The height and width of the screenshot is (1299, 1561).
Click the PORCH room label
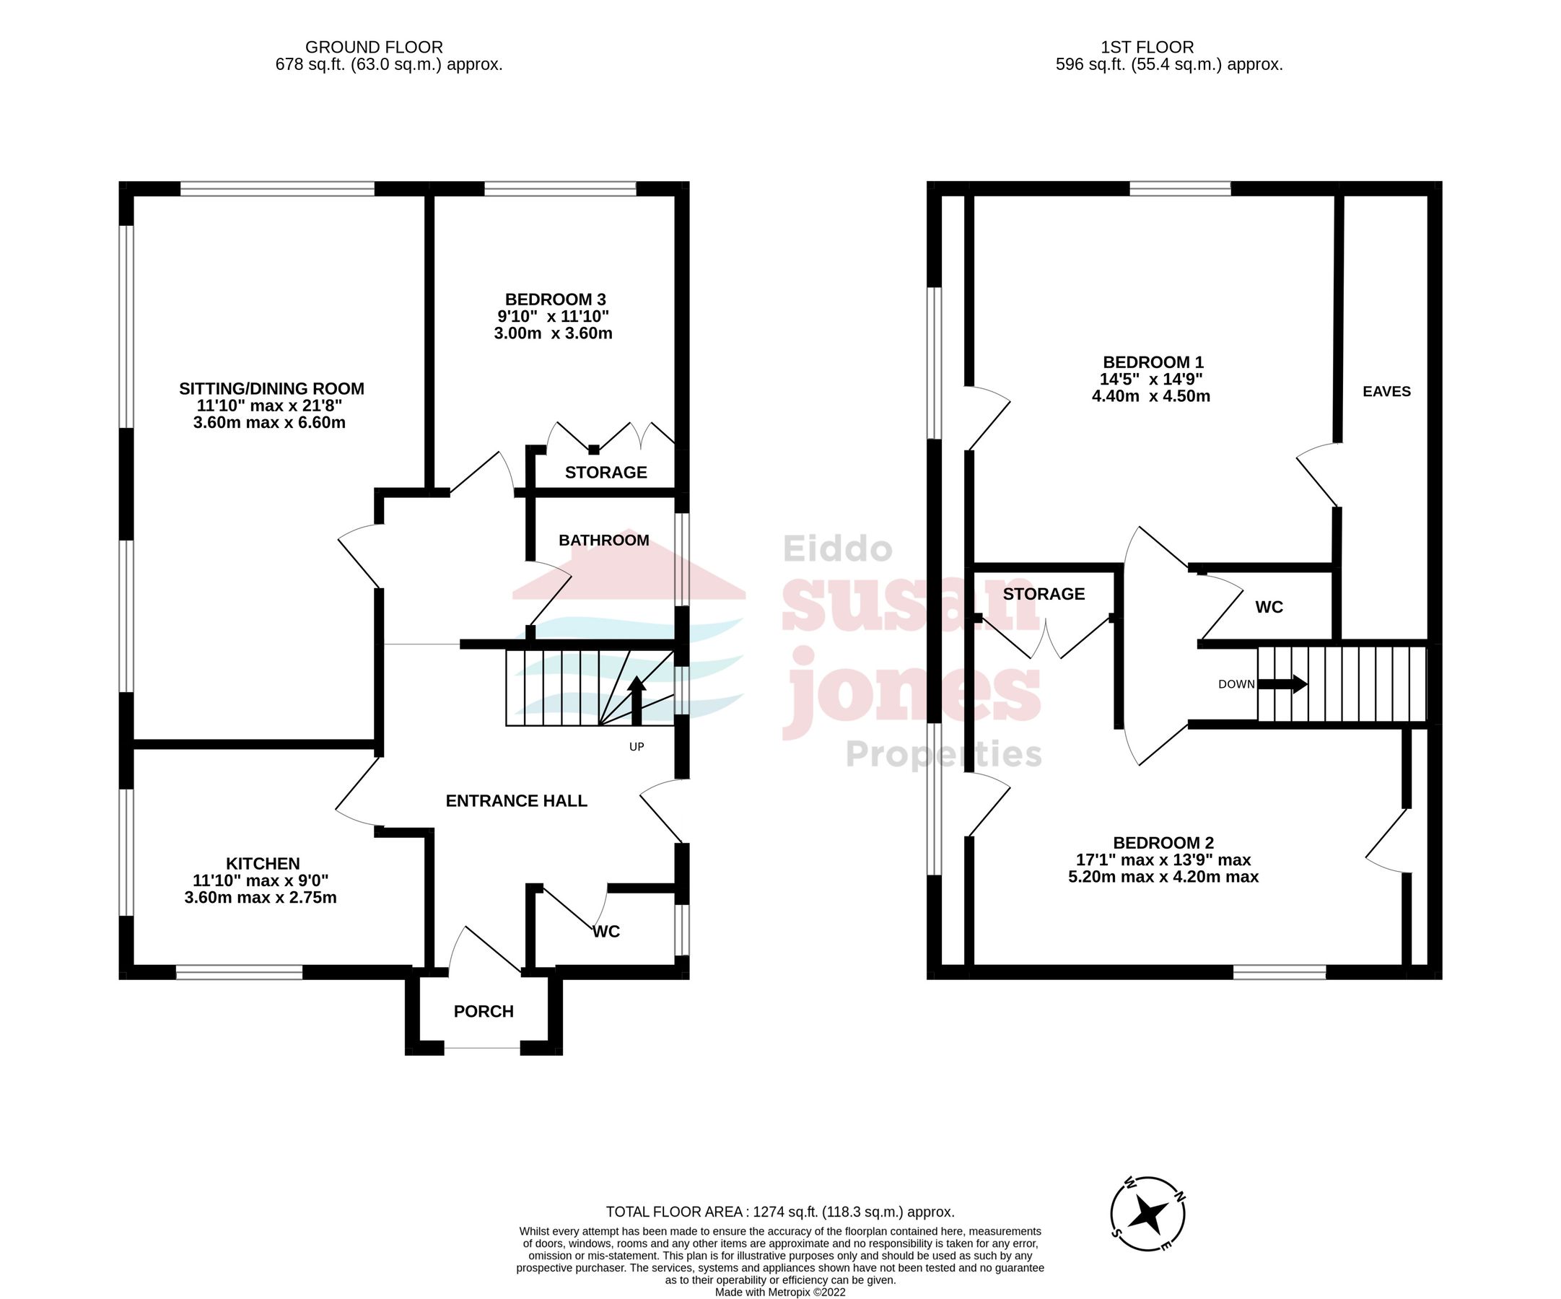point(484,1011)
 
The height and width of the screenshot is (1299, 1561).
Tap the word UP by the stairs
point(637,747)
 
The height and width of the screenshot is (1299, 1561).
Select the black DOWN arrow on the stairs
point(1282,683)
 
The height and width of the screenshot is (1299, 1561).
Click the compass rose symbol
point(1147,1215)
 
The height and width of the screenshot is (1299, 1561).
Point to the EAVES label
point(1386,392)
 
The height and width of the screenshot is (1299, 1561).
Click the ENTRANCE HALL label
point(516,800)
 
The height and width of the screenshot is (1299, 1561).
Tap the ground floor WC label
point(605,932)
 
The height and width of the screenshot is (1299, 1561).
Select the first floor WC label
point(1269,607)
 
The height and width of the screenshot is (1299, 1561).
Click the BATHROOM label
point(603,541)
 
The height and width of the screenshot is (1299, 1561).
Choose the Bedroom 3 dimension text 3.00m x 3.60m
point(553,333)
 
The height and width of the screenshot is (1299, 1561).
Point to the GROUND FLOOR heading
point(374,48)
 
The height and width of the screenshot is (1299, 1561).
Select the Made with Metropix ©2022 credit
point(779,1293)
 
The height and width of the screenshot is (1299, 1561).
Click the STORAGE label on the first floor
point(1044,594)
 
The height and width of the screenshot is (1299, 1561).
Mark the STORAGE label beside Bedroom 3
point(605,473)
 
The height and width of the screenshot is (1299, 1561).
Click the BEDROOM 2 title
point(1163,843)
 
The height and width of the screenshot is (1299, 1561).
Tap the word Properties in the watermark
point(943,755)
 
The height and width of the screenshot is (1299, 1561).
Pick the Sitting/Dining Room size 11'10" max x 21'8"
point(269,406)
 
